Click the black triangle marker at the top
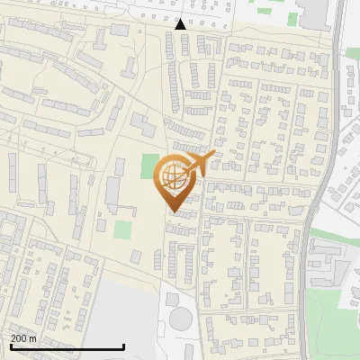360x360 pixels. (x=181, y=24)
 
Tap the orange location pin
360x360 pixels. (x=175, y=181)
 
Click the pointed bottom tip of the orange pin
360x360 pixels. (x=174, y=210)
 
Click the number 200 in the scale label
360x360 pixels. (x=20, y=338)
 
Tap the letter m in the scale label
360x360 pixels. (x=33, y=338)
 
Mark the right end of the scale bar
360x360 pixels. (x=123, y=347)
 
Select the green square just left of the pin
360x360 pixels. (x=149, y=165)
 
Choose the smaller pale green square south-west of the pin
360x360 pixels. (x=121, y=229)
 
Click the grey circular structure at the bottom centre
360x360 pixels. (x=182, y=319)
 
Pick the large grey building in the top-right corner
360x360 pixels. (x=315, y=13)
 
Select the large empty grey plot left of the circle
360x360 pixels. (x=126, y=310)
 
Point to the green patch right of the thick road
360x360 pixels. (x=329, y=236)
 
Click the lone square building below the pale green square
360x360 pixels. (x=135, y=256)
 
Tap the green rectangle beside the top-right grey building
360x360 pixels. (x=293, y=18)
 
